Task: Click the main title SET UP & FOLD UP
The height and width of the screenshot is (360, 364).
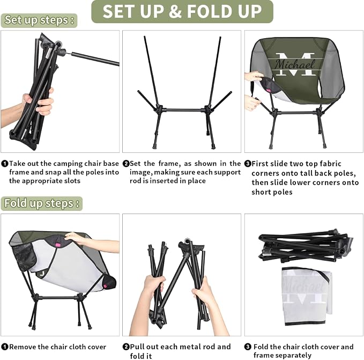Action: pyautogui.click(x=182, y=11)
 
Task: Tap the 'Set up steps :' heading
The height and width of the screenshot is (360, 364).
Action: pyautogui.click(x=39, y=20)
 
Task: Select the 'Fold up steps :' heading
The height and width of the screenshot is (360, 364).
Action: pyautogui.click(x=42, y=203)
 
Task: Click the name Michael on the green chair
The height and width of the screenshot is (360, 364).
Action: pyautogui.click(x=295, y=64)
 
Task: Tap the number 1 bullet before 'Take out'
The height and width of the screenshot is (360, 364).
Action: pyautogui.click(x=5, y=164)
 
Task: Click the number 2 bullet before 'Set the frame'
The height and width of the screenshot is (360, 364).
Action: pyautogui.click(x=126, y=164)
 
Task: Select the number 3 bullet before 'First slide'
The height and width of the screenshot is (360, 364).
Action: pyautogui.click(x=248, y=164)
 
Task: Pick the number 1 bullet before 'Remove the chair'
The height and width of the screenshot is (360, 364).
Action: pyautogui.click(x=5, y=347)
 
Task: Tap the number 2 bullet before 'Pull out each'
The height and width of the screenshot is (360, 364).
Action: pyautogui.click(x=126, y=347)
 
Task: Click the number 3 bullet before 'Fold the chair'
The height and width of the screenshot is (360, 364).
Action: pyautogui.click(x=248, y=347)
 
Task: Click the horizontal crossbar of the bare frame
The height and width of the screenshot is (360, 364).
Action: pyautogui.click(x=183, y=110)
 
